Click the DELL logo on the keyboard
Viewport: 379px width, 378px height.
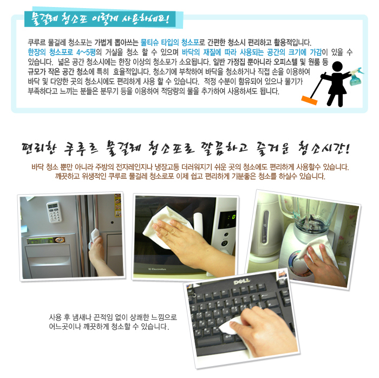[241, 281]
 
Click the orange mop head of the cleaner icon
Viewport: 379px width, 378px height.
[309, 100]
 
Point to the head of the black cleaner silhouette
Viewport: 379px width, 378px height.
[337, 66]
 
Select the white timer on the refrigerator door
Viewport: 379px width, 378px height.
[54, 211]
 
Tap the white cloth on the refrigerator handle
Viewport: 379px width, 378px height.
[94, 237]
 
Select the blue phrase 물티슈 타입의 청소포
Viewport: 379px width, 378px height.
[169, 43]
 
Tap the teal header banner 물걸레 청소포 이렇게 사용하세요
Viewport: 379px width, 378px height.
[100, 19]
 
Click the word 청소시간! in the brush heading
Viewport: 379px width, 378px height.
[324, 148]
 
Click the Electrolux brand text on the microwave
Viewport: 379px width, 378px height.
[157, 269]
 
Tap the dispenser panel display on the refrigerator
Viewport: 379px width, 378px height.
[46, 241]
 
